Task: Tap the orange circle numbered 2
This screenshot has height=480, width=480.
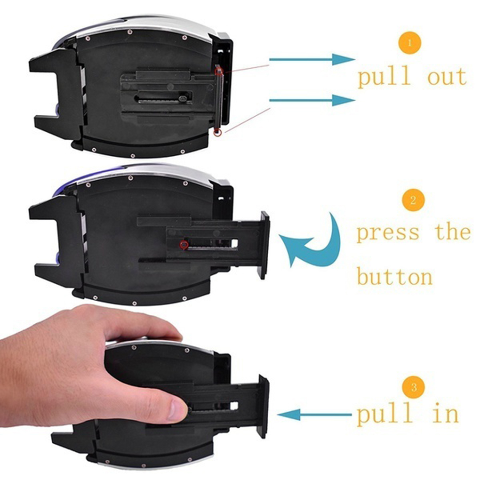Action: coord(413,201)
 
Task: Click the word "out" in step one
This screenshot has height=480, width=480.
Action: coord(447,77)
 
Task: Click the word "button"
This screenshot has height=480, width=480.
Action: coord(394,277)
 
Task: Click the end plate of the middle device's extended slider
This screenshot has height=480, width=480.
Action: coord(265,245)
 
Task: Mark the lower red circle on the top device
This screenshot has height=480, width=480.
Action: coord(217,133)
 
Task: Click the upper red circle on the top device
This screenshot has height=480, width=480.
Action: coord(219,71)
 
